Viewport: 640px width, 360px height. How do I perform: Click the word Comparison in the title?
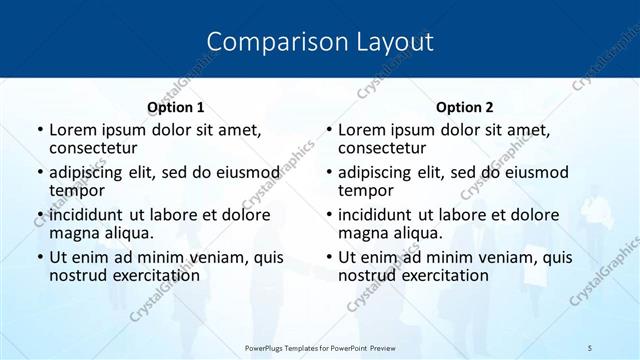point(267,42)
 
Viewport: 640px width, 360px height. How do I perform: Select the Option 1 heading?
point(176,107)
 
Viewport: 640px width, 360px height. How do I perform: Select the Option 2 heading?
point(464,107)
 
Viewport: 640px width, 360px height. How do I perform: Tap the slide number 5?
point(590,347)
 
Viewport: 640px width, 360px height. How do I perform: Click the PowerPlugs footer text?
point(320,347)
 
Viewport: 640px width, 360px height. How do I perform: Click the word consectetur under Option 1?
point(92,149)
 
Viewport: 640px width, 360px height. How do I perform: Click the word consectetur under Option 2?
point(381,149)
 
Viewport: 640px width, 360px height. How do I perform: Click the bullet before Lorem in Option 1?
point(39,130)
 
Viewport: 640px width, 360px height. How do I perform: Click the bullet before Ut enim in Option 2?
point(328,257)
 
